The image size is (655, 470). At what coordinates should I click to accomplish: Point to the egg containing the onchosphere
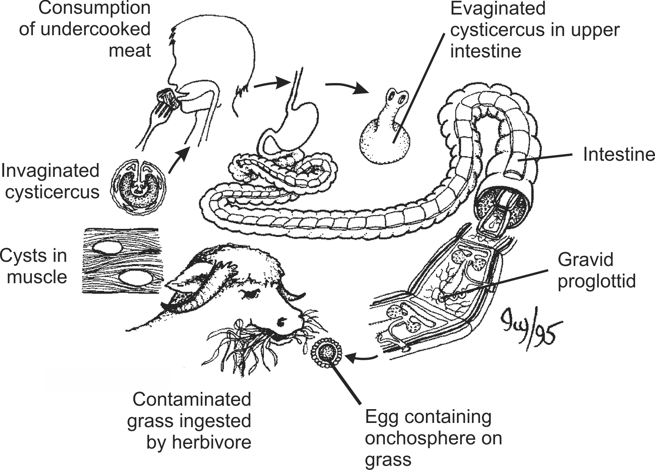327,351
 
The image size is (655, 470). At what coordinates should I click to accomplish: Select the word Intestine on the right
618,154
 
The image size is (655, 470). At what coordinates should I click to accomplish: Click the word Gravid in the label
585,259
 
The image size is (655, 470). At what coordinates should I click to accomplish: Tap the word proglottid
596,281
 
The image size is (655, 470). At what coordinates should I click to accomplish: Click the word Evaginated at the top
498,8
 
